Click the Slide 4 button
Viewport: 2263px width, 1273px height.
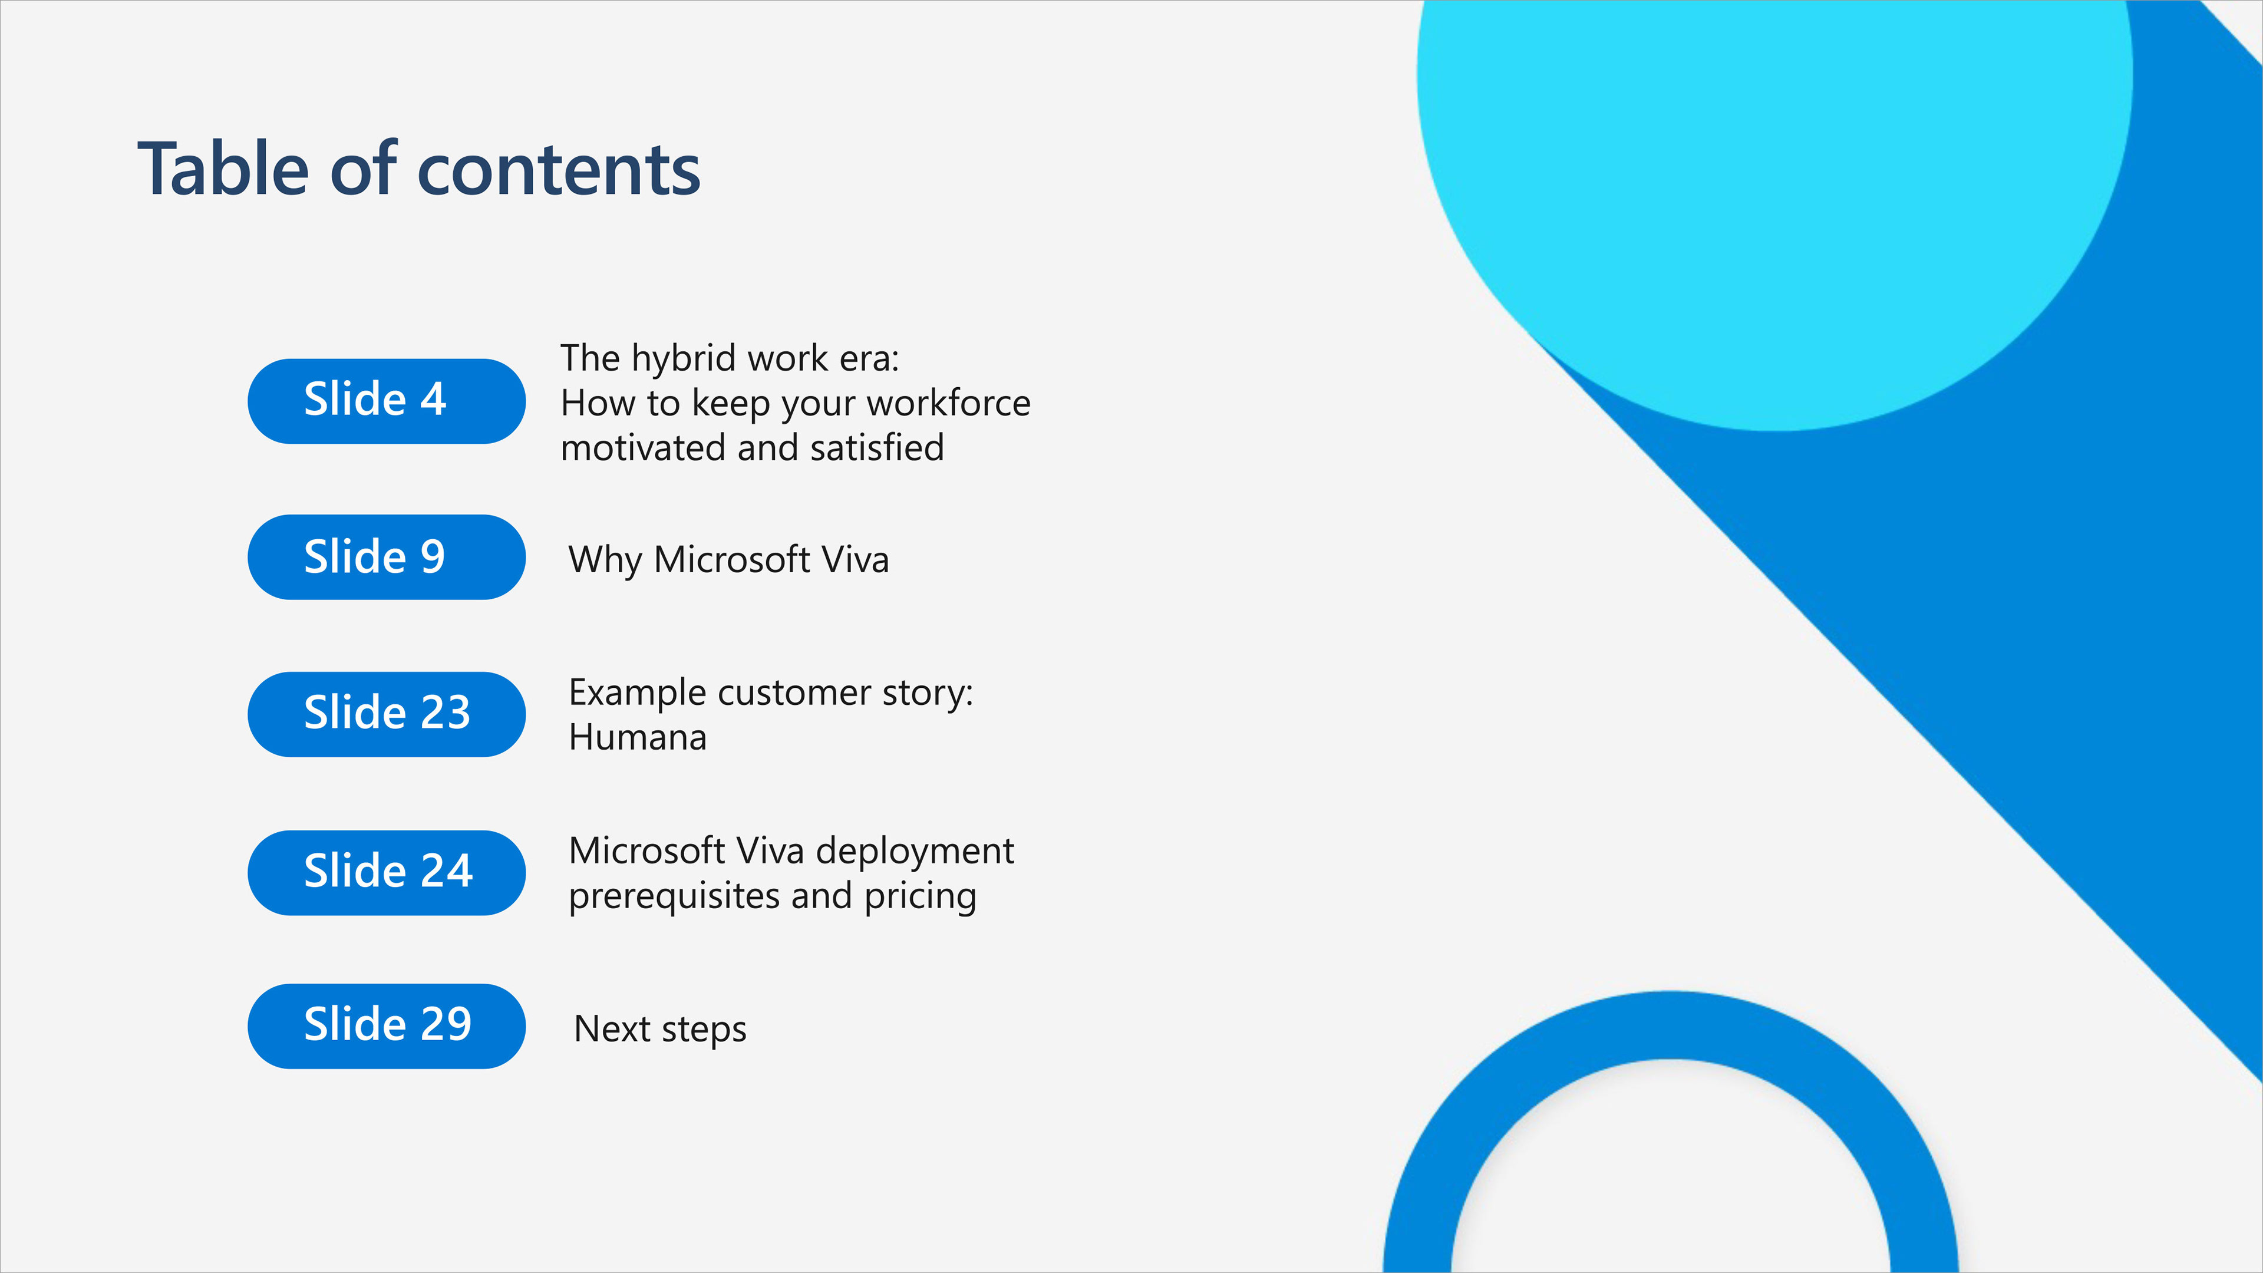coord(387,401)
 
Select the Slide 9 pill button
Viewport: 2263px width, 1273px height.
coord(387,557)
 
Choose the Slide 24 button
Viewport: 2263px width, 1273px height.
coord(387,872)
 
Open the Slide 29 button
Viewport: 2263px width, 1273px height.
coord(387,1025)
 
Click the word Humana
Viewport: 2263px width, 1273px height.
coord(638,737)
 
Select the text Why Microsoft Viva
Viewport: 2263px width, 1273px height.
coord(729,560)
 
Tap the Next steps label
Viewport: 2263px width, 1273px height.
coord(661,1030)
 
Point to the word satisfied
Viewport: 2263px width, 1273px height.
coord(878,447)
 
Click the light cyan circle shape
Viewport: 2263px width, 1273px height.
coord(1774,176)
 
